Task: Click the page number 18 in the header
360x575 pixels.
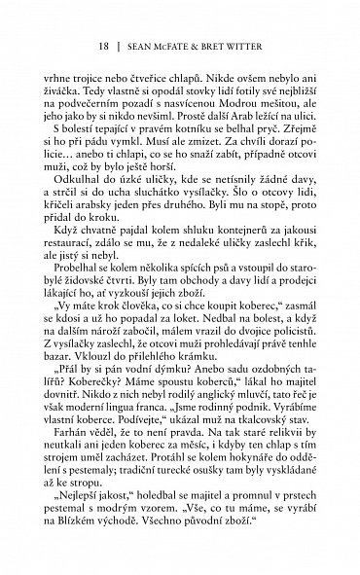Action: [x=104, y=46]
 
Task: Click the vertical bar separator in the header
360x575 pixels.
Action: [x=120, y=46]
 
